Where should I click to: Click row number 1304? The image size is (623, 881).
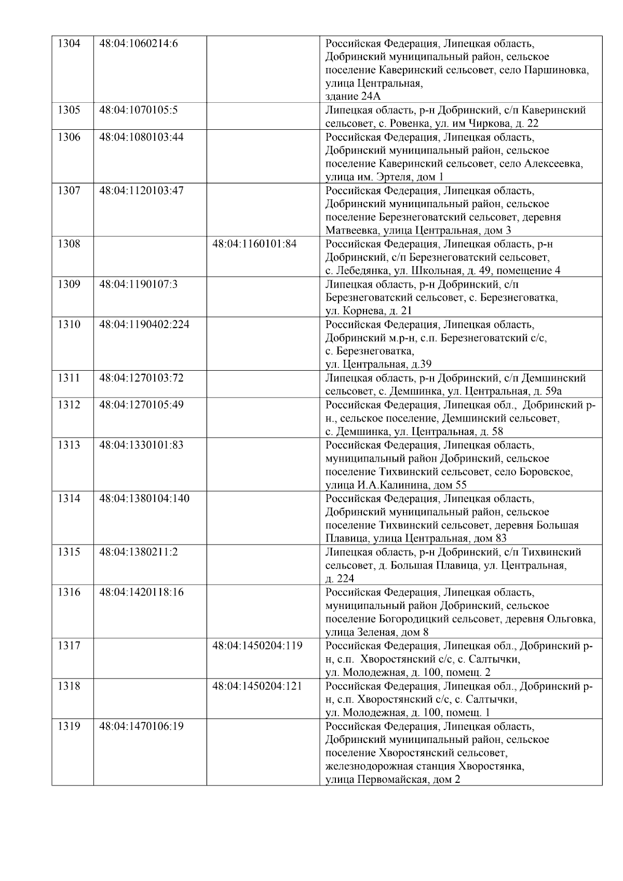click(x=69, y=43)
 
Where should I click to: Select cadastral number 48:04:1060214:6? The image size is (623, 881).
click(x=138, y=43)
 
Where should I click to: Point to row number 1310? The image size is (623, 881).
click(x=69, y=324)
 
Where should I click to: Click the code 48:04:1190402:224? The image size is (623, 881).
click(x=144, y=324)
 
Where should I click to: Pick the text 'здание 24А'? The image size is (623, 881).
click(x=353, y=97)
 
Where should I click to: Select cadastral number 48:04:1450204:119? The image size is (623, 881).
click(x=258, y=646)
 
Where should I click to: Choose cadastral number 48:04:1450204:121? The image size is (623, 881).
click(x=258, y=686)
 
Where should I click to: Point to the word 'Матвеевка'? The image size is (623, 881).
click(x=349, y=231)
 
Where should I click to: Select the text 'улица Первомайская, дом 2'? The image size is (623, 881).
click(x=392, y=780)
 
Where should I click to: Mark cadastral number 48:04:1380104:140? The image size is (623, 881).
click(x=144, y=499)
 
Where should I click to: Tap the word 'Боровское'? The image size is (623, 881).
click(x=549, y=472)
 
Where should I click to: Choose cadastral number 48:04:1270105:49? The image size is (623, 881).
click(x=141, y=405)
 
